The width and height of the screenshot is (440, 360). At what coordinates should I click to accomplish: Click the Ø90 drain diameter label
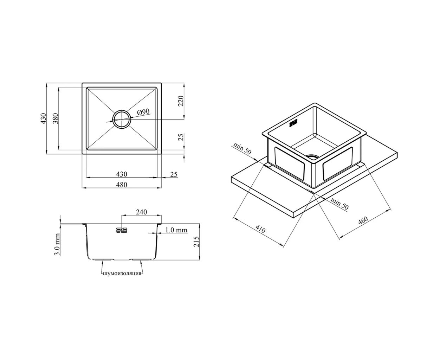pyautogui.click(x=143, y=112)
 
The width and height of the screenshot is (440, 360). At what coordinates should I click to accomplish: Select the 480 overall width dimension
pyautogui.click(x=122, y=185)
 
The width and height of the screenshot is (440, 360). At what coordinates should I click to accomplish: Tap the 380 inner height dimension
pyautogui.click(x=55, y=118)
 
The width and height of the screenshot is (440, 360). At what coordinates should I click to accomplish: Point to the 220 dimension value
pyautogui.click(x=181, y=101)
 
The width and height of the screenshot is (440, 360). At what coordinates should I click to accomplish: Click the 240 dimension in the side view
pyautogui.click(x=141, y=212)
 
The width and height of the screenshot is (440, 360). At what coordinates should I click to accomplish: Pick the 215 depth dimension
pyautogui.click(x=196, y=242)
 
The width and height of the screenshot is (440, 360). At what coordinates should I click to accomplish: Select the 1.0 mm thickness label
pyautogui.click(x=176, y=230)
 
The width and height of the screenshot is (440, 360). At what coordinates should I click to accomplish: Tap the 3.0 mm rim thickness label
pyautogui.click(x=57, y=244)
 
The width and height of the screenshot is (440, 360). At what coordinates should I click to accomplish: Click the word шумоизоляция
pyautogui.click(x=122, y=274)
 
